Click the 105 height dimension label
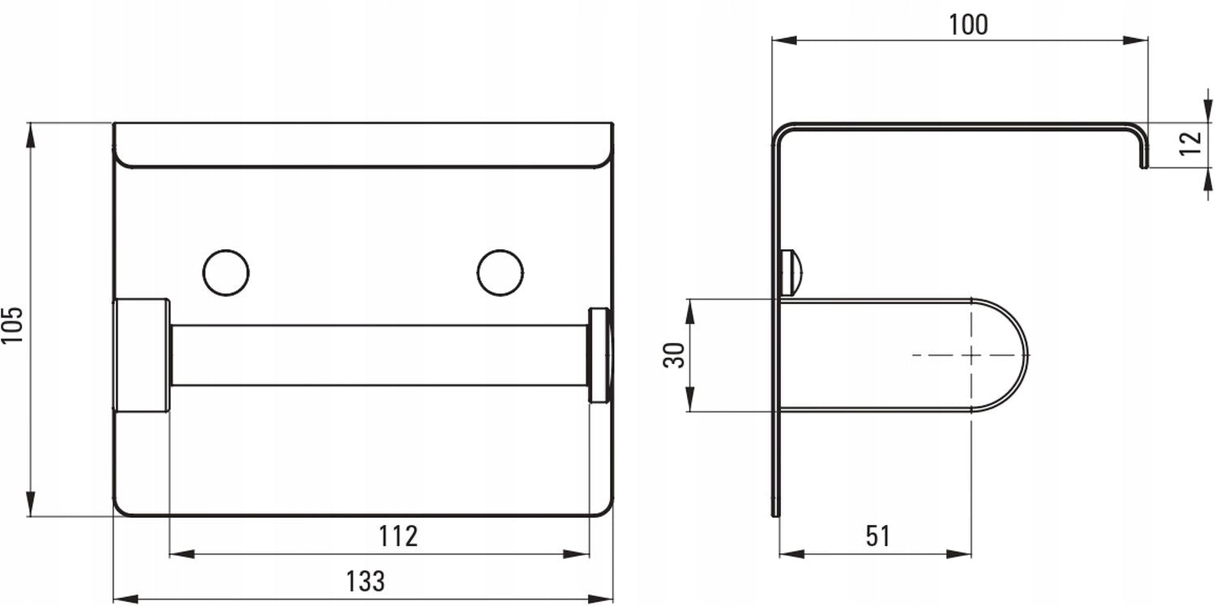[x=12, y=324]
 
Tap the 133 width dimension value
[x=365, y=582]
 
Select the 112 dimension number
[x=399, y=536]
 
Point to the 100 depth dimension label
[x=968, y=24]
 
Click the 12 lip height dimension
[x=1192, y=143]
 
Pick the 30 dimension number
[x=674, y=355]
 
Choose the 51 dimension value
[x=877, y=536]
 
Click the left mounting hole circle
[x=226, y=273]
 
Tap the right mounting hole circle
[x=500, y=273]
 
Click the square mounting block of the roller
[x=142, y=355]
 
